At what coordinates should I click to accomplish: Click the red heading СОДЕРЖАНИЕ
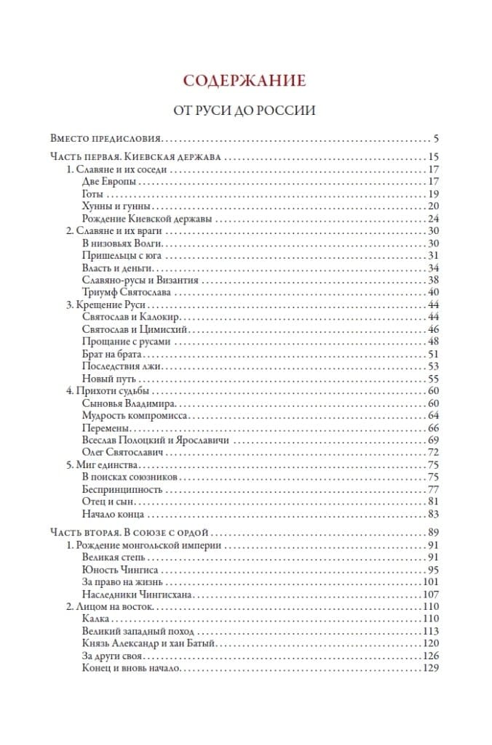point(245,80)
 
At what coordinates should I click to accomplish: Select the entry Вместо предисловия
point(106,138)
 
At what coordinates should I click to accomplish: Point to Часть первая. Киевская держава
point(136,158)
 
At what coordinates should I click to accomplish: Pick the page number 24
point(434,219)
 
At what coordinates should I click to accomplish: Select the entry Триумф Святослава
point(126,292)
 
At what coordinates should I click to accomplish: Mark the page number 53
point(434,366)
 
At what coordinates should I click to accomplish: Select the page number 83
point(434,514)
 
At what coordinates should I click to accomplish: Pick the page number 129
point(432,668)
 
